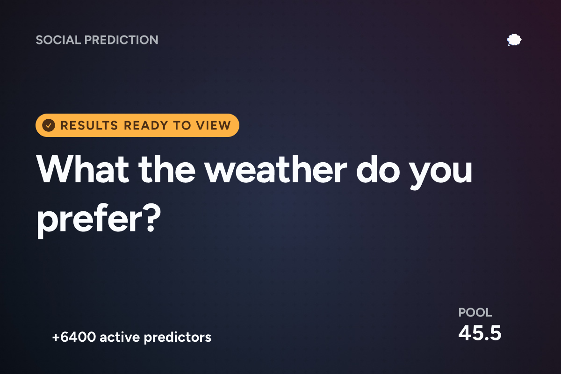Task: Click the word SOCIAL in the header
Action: pyautogui.click(x=58, y=40)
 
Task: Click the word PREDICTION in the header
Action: pyautogui.click(x=122, y=40)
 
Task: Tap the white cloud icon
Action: pyautogui.click(x=514, y=40)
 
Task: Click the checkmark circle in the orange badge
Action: pyautogui.click(x=49, y=125)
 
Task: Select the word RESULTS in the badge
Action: pyautogui.click(x=89, y=125)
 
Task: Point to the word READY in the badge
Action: pyautogui.click(x=146, y=125)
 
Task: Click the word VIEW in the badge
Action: pyautogui.click(x=213, y=125)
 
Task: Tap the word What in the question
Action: pyautogui.click(x=83, y=169)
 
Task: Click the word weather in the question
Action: pyautogui.click(x=276, y=169)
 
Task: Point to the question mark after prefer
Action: pyautogui.click(x=153, y=217)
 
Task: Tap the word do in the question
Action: pyautogui.click(x=378, y=169)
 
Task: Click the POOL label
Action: pyautogui.click(x=475, y=312)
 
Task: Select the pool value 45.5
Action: pyautogui.click(x=480, y=333)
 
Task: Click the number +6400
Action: pyautogui.click(x=74, y=337)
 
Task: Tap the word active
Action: pyautogui.click(x=120, y=337)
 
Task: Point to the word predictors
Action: pyautogui.click(x=178, y=338)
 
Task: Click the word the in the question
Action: pyautogui.click(x=167, y=169)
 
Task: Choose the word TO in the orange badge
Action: pyautogui.click(x=182, y=125)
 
